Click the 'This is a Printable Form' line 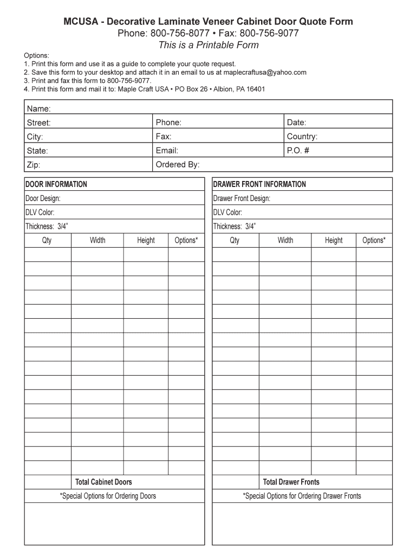[208, 46]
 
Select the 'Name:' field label [39, 109]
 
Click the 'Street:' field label [39, 123]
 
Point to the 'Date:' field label [297, 123]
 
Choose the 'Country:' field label [302, 137]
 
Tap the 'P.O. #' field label [298, 151]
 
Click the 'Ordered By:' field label [178, 164]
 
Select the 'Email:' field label [167, 151]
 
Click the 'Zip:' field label [34, 165]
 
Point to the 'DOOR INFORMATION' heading [56, 184]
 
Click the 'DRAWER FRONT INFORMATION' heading [259, 184]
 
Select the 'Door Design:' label [43, 198]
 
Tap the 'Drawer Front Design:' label [242, 198]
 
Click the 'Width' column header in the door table [97, 240]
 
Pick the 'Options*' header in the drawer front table [374, 240]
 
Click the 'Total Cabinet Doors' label [103, 482]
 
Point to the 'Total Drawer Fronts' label [291, 482]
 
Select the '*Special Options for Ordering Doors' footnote [108, 496]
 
